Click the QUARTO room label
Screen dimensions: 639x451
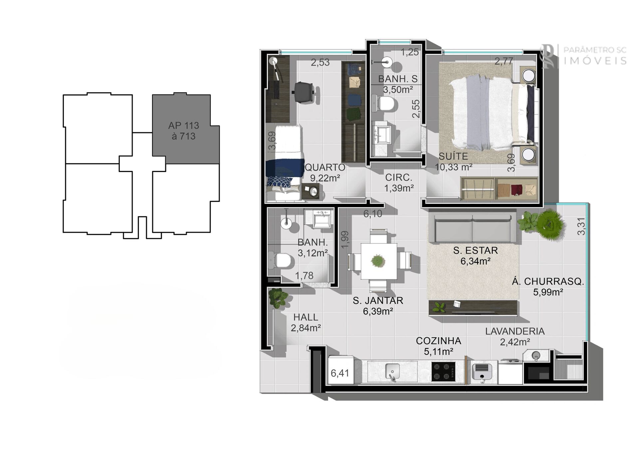click(x=325, y=167)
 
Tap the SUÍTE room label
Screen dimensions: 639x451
click(x=453, y=156)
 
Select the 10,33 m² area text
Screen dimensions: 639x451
click(x=454, y=167)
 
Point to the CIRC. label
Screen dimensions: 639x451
click(x=399, y=178)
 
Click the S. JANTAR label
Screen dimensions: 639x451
click(x=378, y=301)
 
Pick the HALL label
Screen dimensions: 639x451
click(x=306, y=317)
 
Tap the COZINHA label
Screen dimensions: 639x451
click(x=438, y=341)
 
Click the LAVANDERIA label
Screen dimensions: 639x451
click(x=515, y=331)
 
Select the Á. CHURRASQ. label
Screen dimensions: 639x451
click(x=548, y=282)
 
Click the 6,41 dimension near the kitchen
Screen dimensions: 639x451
click(x=340, y=373)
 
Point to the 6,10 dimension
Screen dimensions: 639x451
click(x=373, y=214)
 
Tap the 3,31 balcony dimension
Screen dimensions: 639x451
click(x=581, y=226)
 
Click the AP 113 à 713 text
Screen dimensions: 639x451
click(x=183, y=131)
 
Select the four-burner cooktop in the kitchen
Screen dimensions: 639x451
click(x=443, y=372)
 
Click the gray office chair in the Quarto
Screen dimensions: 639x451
click(x=304, y=91)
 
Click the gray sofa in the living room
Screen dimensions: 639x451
click(x=472, y=228)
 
